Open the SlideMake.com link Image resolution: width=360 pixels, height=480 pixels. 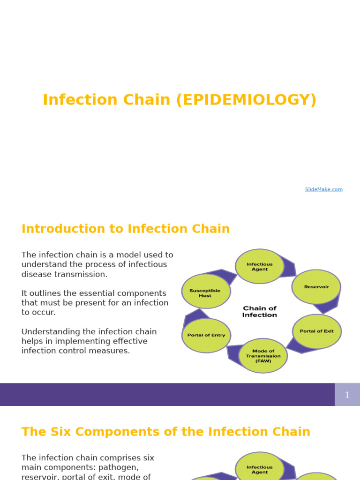323,189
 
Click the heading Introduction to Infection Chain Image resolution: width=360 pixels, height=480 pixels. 126,229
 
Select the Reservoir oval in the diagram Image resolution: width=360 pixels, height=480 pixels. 316,287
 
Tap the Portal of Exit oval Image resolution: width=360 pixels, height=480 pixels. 317,331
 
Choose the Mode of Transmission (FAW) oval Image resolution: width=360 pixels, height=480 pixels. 263,356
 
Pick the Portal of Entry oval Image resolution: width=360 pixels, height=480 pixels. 206,335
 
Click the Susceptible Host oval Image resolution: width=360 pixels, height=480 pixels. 205,292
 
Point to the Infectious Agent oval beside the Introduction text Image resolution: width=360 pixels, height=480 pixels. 260,266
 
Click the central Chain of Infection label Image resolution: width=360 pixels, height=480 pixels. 260,312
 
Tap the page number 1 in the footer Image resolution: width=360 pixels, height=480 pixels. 347,395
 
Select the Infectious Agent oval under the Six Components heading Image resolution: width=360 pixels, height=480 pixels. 260,469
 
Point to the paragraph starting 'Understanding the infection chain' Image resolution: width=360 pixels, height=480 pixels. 89,341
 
